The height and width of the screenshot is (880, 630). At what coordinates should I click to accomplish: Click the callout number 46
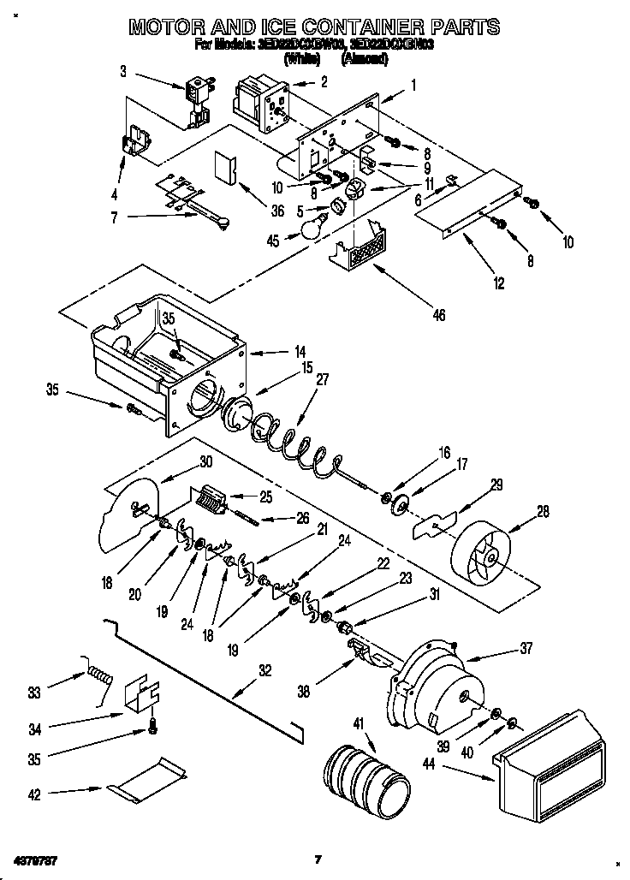pyautogui.click(x=439, y=316)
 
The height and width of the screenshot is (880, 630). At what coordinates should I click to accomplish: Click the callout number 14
pyautogui.click(x=276, y=352)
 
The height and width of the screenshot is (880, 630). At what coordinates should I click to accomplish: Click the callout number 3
pyautogui.click(x=124, y=72)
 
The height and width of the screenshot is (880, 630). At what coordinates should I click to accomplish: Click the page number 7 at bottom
pyautogui.click(x=317, y=859)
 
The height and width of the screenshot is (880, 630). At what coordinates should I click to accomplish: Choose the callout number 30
pyautogui.click(x=205, y=461)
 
